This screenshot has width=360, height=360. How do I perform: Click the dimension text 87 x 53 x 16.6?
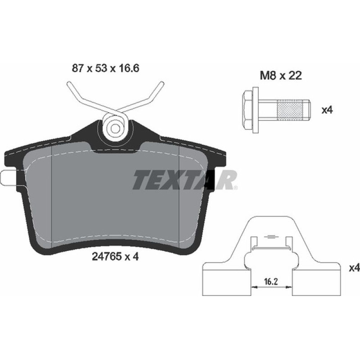point(105,68)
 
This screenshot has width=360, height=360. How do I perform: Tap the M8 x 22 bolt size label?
point(281,76)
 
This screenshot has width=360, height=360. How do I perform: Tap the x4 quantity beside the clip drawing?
point(354,268)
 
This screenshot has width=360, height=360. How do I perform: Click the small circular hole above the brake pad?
point(115,128)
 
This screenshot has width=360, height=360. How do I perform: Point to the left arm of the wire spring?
point(83,95)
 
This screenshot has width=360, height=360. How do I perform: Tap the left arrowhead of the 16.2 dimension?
point(253,287)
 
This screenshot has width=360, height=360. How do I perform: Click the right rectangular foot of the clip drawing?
point(317,283)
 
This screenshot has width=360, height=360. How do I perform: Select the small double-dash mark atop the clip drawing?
point(270,237)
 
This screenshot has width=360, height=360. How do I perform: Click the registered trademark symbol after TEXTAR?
point(235,188)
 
